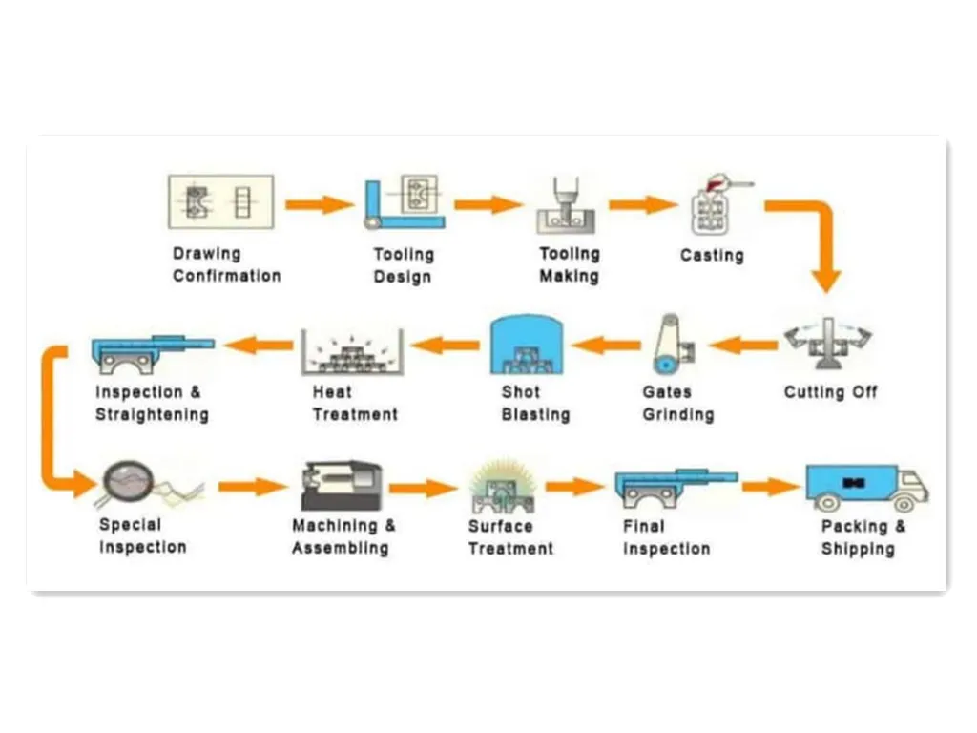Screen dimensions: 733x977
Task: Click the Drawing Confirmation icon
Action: (x=220, y=201)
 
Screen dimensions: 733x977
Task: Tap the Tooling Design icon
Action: (x=404, y=201)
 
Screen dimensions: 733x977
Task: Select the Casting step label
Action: (x=712, y=255)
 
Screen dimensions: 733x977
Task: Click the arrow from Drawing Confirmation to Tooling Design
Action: (x=319, y=203)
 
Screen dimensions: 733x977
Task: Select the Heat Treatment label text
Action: (x=355, y=404)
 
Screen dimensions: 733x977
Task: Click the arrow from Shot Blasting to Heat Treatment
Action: (x=446, y=344)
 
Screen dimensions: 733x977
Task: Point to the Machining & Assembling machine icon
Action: (x=342, y=486)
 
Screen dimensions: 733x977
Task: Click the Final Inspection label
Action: (x=666, y=537)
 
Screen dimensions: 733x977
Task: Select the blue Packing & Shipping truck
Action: (x=864, y=487)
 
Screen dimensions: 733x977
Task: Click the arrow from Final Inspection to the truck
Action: (x=769, y=487)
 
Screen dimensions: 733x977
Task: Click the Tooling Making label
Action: (x=569, y=265)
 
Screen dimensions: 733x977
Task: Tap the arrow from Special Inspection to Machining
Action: (x=251, y=487)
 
